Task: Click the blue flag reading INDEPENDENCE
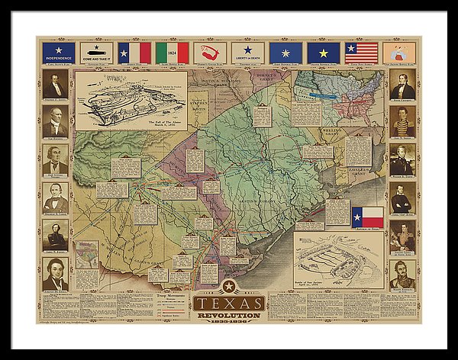pyautogui.click(x=59, y=53)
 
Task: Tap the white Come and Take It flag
pyautogui.click(x=96, y=53)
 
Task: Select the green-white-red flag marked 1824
pyautogui.click(x=172, y=53)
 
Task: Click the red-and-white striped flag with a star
pyautogui.click(x=361, y=53)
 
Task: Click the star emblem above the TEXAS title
pyautogui.click(x=228, y=286)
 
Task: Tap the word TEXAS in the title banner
pyautogui.click(x=229, y=302)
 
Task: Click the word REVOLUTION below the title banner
pyautogui.click(x=229, y=314)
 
